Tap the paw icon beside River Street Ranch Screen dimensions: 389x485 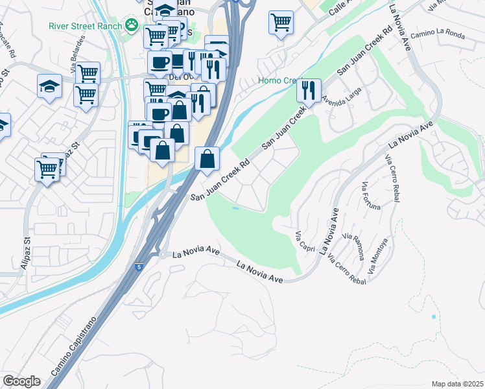click(133, 26)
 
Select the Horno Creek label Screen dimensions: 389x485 click(277, 81)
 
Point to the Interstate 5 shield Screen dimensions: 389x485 click(138, 266)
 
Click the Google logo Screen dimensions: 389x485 click(21, 381)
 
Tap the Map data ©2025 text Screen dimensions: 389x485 click(458, 384)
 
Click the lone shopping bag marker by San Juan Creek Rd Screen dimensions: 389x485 click(207, 159)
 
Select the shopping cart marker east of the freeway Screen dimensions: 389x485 click(281, 23)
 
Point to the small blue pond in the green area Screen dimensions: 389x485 click(235, 208)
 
